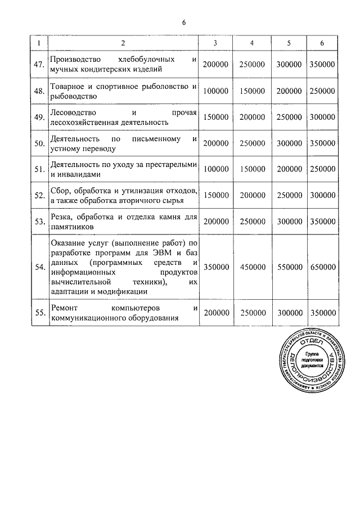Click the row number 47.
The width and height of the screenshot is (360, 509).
pyautogui.click(x=39, y=65)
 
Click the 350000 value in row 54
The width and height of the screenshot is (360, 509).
pyautogui.click(x=215, y=267)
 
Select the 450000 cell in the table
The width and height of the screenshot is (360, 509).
pyautogui.click(x=251, y=267)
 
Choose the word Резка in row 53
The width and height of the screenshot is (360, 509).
pyautogui.click(x=60, y=217)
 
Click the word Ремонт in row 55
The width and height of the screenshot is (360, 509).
pyautogui.click(x=65, y=308)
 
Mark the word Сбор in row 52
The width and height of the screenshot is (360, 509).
pyautogui.click(x=60, y=190)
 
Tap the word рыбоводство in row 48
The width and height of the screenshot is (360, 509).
pyautogui.click(x=75, y=96)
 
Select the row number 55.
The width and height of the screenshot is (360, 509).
pyautogui.click(x=39, y=314)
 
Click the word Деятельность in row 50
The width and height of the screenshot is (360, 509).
pyautogui.click(x=75, y=138)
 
